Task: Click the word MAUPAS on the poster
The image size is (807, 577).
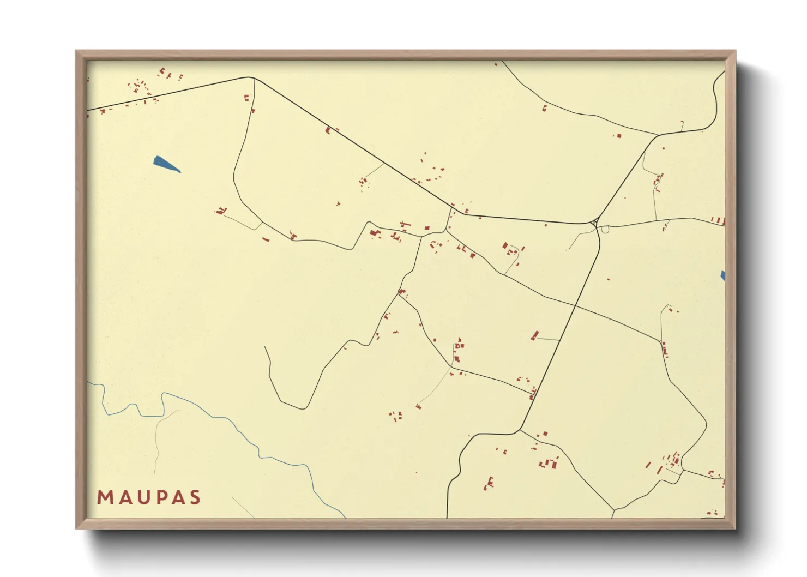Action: tap(149, 497)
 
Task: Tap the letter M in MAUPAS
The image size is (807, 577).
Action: tap(105, 497)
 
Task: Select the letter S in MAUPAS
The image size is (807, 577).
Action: tap(195, 497)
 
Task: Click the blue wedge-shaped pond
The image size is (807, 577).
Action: tap(165, 163)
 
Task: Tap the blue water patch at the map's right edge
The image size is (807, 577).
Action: tap(723, 276)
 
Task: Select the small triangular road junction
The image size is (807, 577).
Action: tap(595, 224)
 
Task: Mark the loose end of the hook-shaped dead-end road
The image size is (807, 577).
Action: tap(266, 347)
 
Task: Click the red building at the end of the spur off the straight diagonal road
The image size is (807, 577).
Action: tap(535, 335)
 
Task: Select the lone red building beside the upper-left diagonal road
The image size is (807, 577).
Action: tap(328, 130)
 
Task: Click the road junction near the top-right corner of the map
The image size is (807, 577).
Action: tap(658, 135)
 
